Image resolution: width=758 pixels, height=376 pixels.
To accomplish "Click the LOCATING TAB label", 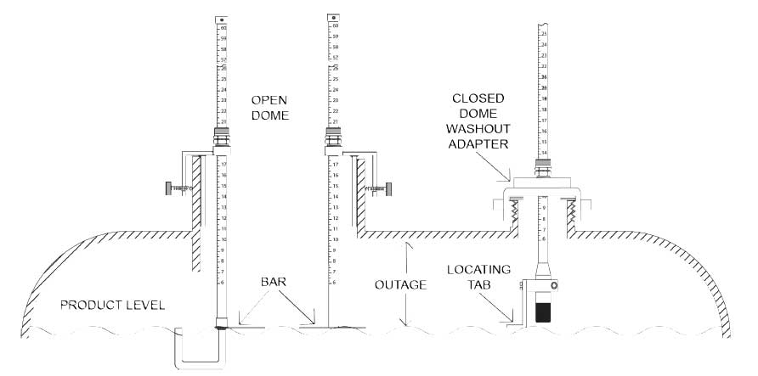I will pyautogui.click(x=479, y=277).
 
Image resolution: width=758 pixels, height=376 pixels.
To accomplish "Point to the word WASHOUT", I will pyautogui.click(x=481, y=130).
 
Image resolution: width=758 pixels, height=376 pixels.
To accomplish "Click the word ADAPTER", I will pyautogui.click(x=480, y=144).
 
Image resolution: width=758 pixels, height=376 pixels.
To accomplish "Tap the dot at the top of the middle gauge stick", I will pyautogui.click(x=334, y=17).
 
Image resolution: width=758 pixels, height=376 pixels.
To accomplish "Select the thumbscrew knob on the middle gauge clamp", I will pyautogui.click(x=388, y=189).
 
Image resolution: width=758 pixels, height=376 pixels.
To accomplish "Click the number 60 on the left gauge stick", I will pyautogui.click(x=223, y=28).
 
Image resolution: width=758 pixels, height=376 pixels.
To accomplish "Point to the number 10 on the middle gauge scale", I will pyautogui.click(x=335, y=240).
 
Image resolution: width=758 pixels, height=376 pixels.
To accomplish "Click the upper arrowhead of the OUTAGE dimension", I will pyautogui.click(x=408, y=244).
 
